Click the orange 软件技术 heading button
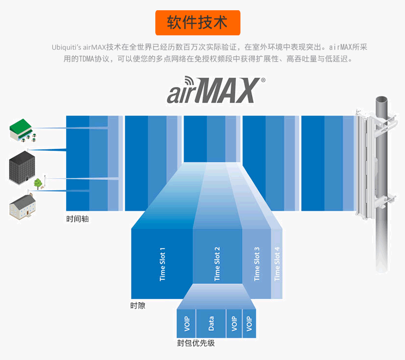pyautogui.click(x=198, y=23)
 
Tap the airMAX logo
pyautogui.click(x=213, y=91)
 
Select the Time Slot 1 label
pyautogui.click(x=163, y=264)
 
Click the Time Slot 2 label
pyautogui.click(x=217, y=264)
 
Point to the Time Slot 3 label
pyautogui.click(x=257, y=264)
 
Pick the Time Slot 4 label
pyautogui.click(x=277, y=264)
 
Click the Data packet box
pyautogui.click(x=211, y=323)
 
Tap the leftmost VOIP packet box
pyautogui.click(x=187, y=323)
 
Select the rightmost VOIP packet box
pyautogui.click(x=249, y=323)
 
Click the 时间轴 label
pyautogui.click(x=77, y=219)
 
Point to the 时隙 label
pyautogui.click(x=137, y=306)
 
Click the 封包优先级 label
pyautogui.click(x=196, y=343)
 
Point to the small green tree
pyautogui.click(x=38, y=182)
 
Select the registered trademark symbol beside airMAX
pyautogui.click(x=264, y=80)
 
